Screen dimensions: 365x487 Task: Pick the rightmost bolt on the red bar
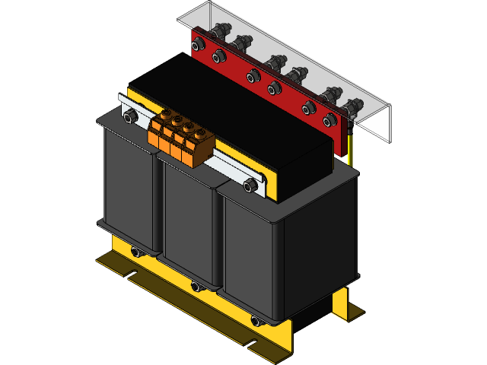[329, 120]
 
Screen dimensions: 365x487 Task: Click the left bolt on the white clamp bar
[129, 116]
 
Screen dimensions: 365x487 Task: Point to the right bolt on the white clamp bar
[251, 183]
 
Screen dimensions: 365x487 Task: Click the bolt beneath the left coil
[135, 252]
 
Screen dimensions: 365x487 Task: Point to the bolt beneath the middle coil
[196, 287]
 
